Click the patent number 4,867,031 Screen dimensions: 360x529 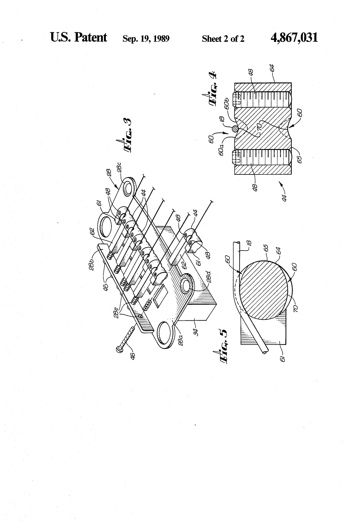tap(294, 38)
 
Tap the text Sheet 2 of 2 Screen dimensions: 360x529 tap(223, 39)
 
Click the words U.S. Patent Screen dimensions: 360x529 tap(79, 37)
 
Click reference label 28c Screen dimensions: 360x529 tap(119, 168)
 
